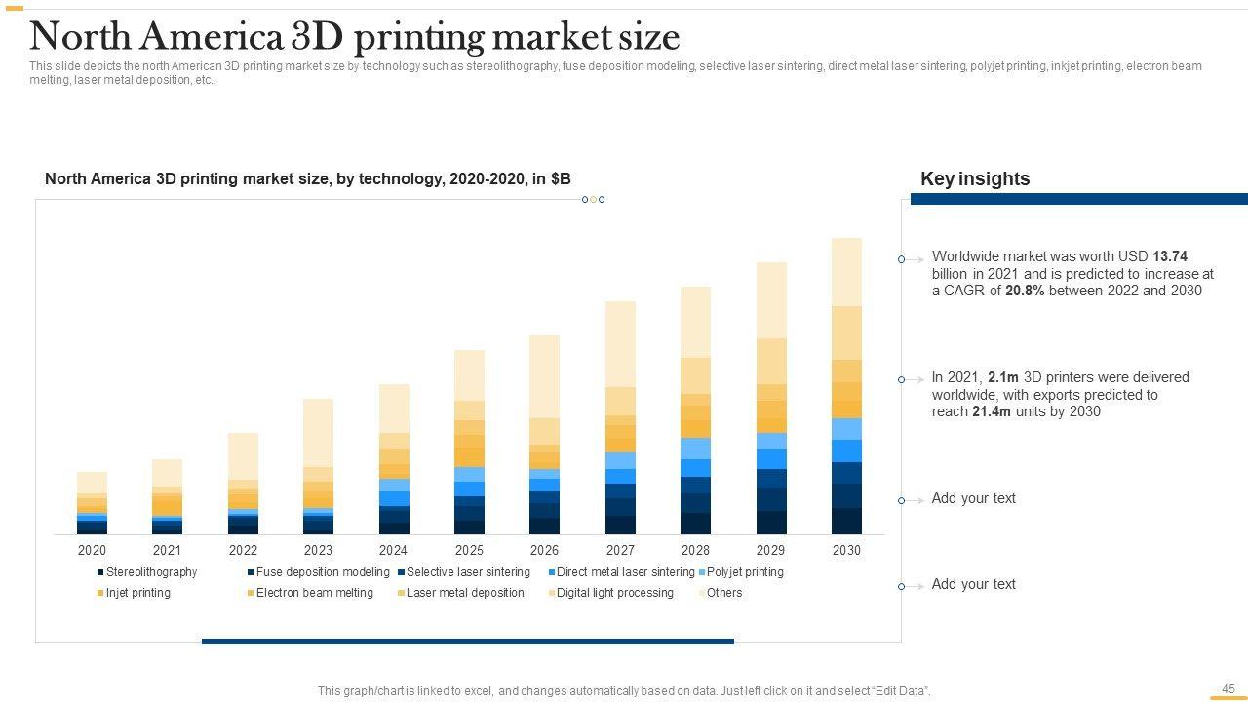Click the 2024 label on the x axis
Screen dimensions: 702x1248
pos(393,550)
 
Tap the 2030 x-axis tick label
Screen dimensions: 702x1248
pos(846,550)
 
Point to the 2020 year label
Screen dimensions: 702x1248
pos(92,550)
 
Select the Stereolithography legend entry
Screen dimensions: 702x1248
pos(150,572)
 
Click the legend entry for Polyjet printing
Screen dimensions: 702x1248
pos(744,572)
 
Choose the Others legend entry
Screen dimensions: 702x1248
pos(723,593)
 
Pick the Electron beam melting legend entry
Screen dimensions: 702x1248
pos(314,593)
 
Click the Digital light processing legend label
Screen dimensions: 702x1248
pos(614,593)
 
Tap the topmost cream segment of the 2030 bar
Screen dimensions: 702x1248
pos(846,272)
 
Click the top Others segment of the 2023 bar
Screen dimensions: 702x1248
pos(318,432)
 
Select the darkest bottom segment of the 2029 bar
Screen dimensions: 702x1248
pos(771,523)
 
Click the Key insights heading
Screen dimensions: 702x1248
pos(975,179)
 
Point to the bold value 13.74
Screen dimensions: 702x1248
pos(1170,256)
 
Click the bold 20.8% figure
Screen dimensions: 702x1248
pos(1025,291)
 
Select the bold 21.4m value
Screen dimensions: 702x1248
pos(991,411)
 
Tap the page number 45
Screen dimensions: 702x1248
pos(1228,688)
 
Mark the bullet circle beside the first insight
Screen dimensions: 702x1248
pos(902,259)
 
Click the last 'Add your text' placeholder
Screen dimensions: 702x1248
pos(973,584)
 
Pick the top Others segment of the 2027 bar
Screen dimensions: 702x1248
pos(620,343)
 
